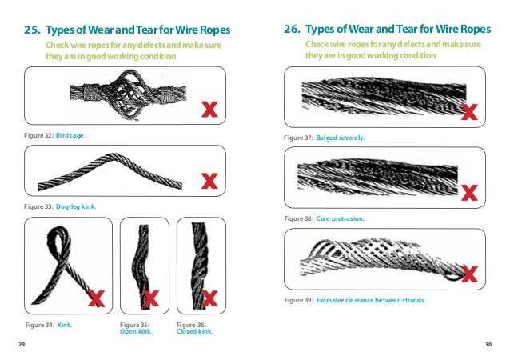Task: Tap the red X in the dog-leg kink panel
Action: pos(209,181)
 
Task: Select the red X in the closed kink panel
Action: pos(211,299)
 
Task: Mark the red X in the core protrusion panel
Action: pos(470,192)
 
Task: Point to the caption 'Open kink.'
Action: pos(136,331)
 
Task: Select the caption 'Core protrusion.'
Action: pos(343,218)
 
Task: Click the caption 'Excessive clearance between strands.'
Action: pos(371,300)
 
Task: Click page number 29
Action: pos(22,345)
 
